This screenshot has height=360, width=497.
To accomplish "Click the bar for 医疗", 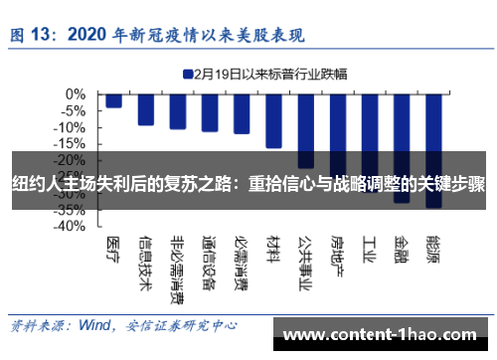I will coord(114,100).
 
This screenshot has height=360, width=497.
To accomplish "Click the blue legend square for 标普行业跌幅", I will coord(187,73).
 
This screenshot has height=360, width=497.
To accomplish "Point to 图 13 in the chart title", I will coord(32,35).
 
